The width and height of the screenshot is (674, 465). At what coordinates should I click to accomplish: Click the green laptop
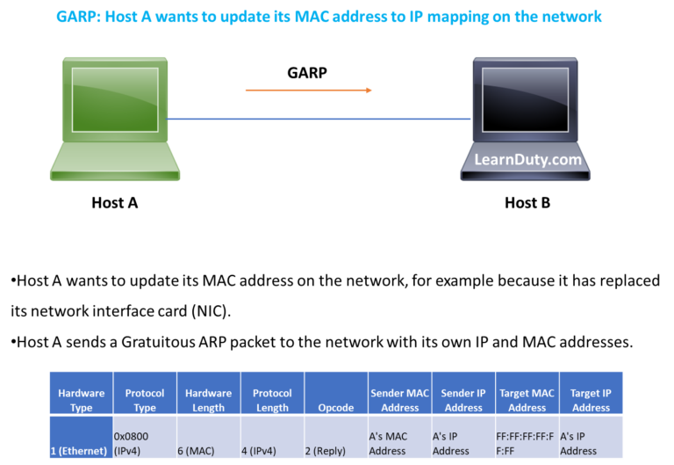coord(115,119)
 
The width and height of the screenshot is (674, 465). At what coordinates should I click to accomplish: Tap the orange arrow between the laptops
coord(309,90)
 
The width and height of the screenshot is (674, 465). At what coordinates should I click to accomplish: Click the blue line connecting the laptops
coord(320,119)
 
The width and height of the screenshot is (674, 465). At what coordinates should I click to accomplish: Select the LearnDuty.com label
coord(527,160)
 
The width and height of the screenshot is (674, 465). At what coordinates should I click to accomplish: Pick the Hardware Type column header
coord(81,400)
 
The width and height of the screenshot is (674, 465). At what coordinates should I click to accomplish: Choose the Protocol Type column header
coord(144,400)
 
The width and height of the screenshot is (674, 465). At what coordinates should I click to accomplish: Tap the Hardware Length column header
coord(209,400)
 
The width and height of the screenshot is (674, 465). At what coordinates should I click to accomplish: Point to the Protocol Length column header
coord(272,400)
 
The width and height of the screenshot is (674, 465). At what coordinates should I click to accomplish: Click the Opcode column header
coord(335,407)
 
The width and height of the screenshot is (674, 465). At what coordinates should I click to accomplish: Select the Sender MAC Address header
coord(399,400)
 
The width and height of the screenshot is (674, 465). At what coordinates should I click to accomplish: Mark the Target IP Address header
coord(591,400)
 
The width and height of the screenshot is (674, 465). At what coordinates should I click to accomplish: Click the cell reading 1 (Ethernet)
coord(81,451)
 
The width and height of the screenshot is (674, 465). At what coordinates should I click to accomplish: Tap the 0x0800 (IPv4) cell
coord(144,443)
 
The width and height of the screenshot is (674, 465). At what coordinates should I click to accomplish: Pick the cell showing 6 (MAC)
coord(209,451)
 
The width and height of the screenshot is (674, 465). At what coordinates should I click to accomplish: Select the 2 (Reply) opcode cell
coord(335,451)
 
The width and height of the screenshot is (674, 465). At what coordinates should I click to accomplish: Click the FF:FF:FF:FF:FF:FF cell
coord(527,443)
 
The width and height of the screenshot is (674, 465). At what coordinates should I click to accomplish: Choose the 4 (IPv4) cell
coord(272,451)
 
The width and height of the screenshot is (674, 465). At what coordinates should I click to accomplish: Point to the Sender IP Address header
coord(463,400)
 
